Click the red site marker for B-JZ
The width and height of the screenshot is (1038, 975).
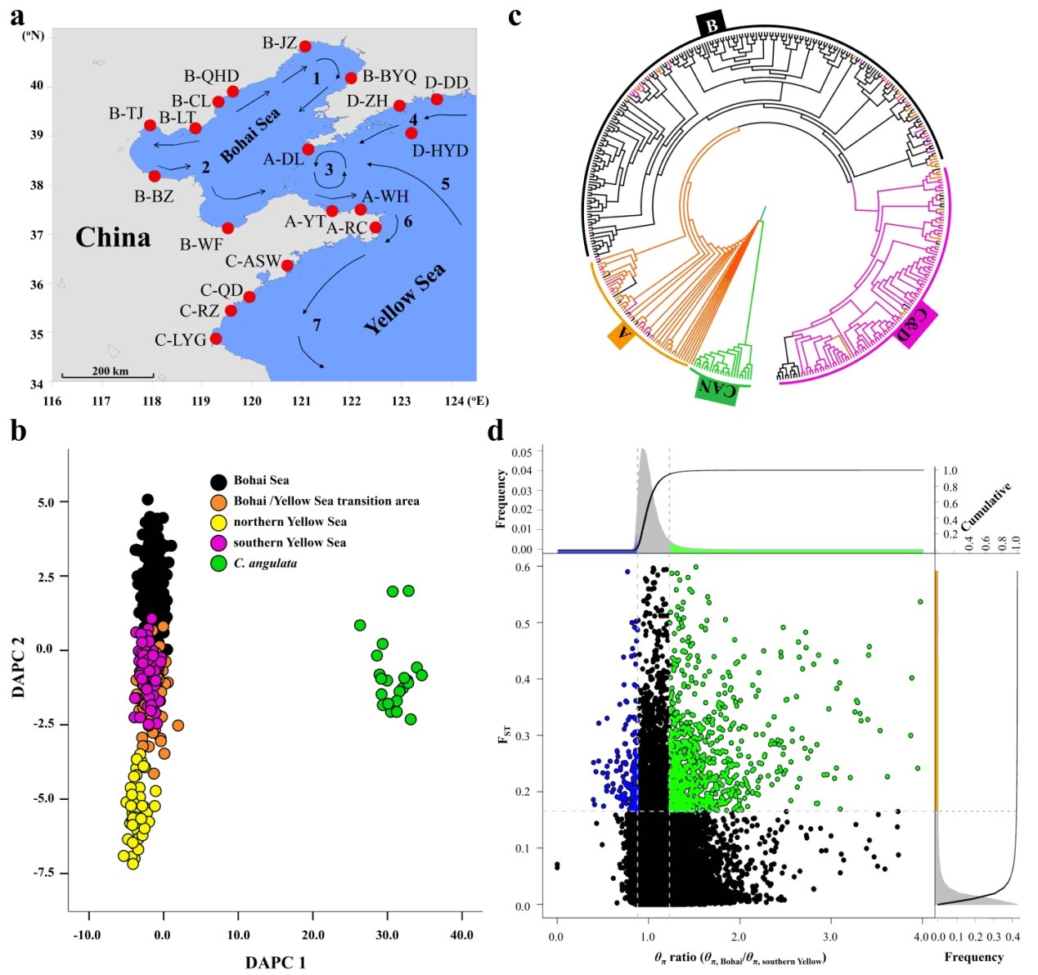[305, 47]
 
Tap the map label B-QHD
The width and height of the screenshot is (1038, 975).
[211, 76]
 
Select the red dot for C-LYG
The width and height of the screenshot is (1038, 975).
[216, 339]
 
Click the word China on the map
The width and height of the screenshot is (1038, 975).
[113, 237]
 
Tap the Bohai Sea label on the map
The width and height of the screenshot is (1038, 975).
[249, 135]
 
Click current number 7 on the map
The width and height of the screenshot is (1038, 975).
[317, 325]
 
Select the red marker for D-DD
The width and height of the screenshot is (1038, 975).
[437, 100]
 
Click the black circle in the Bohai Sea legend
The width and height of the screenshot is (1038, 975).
[218, 481]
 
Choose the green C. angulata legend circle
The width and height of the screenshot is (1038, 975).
[218, 564]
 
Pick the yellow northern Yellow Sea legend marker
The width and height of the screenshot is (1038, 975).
[218, 522]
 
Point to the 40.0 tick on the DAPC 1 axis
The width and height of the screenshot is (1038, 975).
[461, 934]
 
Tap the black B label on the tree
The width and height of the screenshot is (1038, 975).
[712, 25]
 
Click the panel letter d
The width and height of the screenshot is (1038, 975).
[496, 429]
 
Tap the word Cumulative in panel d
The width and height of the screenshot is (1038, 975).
[987, 505]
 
